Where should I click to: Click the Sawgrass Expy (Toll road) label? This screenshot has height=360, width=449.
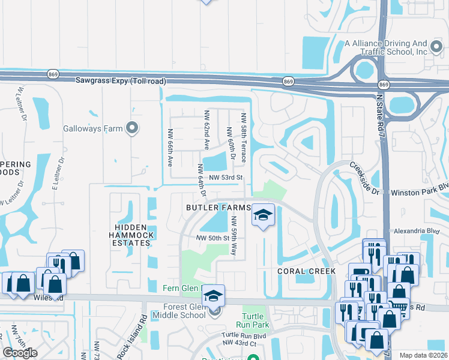pyautogui.click(x=120, y=81)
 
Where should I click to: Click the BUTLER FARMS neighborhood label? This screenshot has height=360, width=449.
pyautogui.click(x=217, y=208)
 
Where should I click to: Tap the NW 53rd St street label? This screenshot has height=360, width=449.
pyautogui.click(x=225, y=178)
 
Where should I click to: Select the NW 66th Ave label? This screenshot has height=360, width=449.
pyautogui.click(x=170, y=148)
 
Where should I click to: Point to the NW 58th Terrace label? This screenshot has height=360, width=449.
pyautogui.click(x=244, y=137)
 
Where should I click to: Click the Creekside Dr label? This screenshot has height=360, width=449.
pyautogui.click(x=365, y=179)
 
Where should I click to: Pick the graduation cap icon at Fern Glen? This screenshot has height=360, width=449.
pyautogui.click(x=212, y=295)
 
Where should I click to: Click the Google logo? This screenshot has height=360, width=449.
pyautogui.click(x=20, y=353)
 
